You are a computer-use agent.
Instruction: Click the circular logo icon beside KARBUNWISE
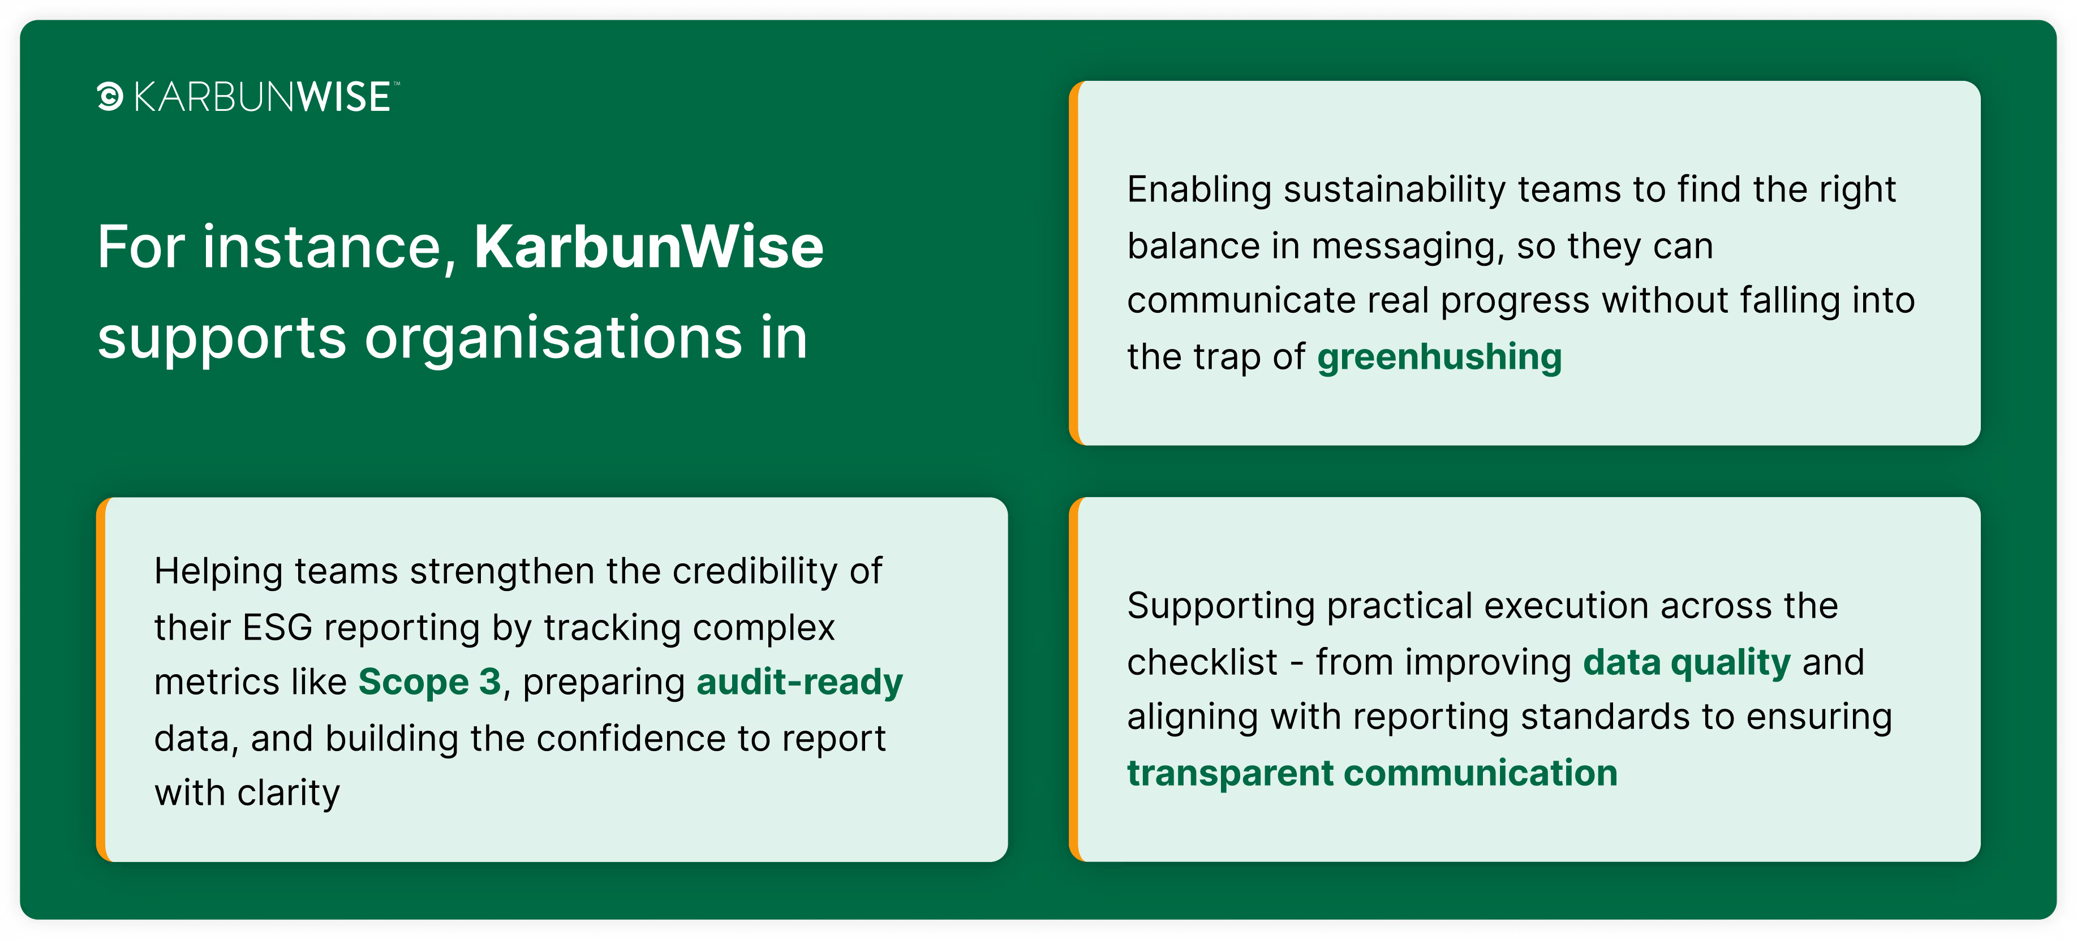(110, 97)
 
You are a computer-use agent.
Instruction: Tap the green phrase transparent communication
(1372, 774)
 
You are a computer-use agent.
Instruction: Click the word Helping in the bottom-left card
(218, 572)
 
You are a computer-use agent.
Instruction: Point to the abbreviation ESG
(277, 627)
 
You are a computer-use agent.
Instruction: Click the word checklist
(1202, 662)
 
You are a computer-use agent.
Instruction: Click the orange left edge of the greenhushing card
(1074, 263)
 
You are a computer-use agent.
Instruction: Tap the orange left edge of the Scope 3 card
(101, 680)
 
